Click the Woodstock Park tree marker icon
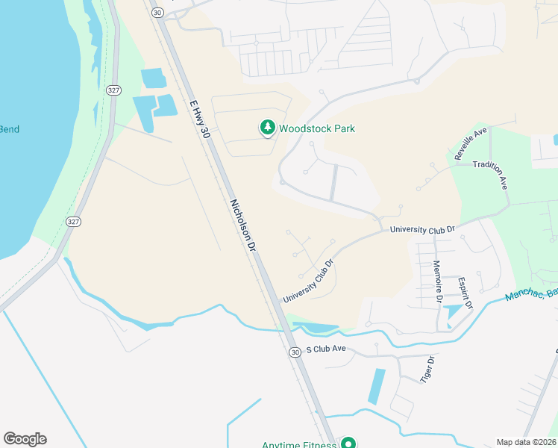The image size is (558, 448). coord(267,128)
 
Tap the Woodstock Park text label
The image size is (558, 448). coord(317,128)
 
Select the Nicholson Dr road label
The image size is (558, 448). coord(243,225)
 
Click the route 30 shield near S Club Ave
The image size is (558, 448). coord(295,352)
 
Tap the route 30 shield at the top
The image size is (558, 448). coord(156,13)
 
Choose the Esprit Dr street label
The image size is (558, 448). coord(464,293)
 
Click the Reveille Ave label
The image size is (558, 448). coord(471,143)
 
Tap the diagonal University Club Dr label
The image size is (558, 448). coord(307,281)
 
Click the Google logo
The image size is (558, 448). coord(25,439)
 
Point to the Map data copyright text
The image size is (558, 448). coord(525,442)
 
